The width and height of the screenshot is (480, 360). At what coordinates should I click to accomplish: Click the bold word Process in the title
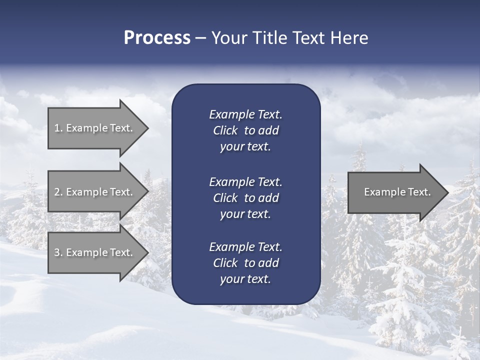157,38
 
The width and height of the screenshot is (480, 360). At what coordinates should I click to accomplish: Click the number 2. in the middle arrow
58,192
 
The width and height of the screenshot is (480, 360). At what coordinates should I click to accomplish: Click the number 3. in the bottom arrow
58,252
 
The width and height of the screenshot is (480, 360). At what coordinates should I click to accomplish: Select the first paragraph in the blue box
245,130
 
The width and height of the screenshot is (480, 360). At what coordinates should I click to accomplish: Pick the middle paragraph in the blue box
245,198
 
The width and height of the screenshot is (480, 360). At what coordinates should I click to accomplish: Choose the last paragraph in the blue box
245,263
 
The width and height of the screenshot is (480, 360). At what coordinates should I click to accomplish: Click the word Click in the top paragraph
225,130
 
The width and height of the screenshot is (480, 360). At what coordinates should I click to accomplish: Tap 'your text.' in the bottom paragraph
245,279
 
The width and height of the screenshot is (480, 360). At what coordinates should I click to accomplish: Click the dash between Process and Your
201,38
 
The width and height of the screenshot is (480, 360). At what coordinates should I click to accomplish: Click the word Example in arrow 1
86,128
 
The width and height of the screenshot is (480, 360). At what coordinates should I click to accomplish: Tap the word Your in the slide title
229,38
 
